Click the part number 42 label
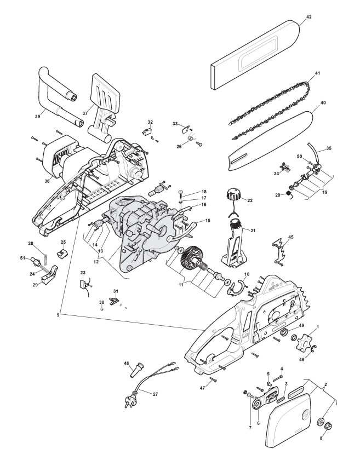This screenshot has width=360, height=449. pyautogui.click(x=308, y=17)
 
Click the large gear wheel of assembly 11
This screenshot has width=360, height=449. pyautogui.click(x=192, y=256)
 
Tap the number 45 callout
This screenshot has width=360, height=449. pyautogui.click(x=290, y=237)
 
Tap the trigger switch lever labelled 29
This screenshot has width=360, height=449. pyautogui.click(x=53, y=274)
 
